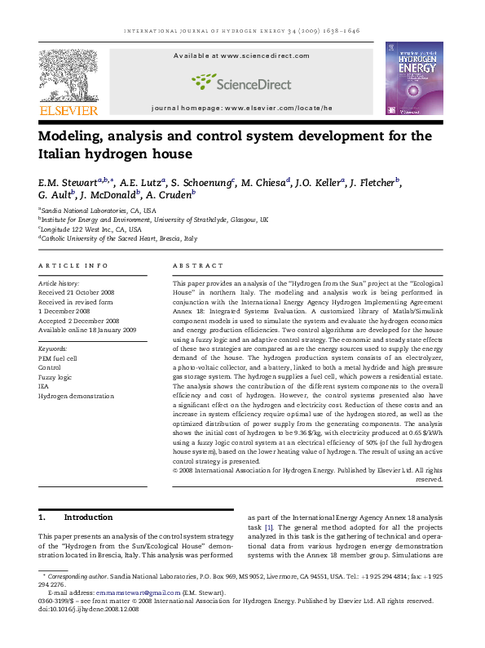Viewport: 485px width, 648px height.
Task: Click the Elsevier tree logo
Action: coord(68,73)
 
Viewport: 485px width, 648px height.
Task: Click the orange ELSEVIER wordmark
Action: coord(68,110)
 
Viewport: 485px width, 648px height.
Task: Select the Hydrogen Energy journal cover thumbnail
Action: coord(414,78)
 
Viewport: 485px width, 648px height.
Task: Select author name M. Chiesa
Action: coord(267,182)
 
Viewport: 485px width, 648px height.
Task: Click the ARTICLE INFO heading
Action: coord(73,266)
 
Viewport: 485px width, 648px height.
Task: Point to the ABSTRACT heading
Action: coord(198,266)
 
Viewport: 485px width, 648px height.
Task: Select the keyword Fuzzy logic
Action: coord(55,378)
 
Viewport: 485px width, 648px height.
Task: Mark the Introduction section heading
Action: coord(88,517)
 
